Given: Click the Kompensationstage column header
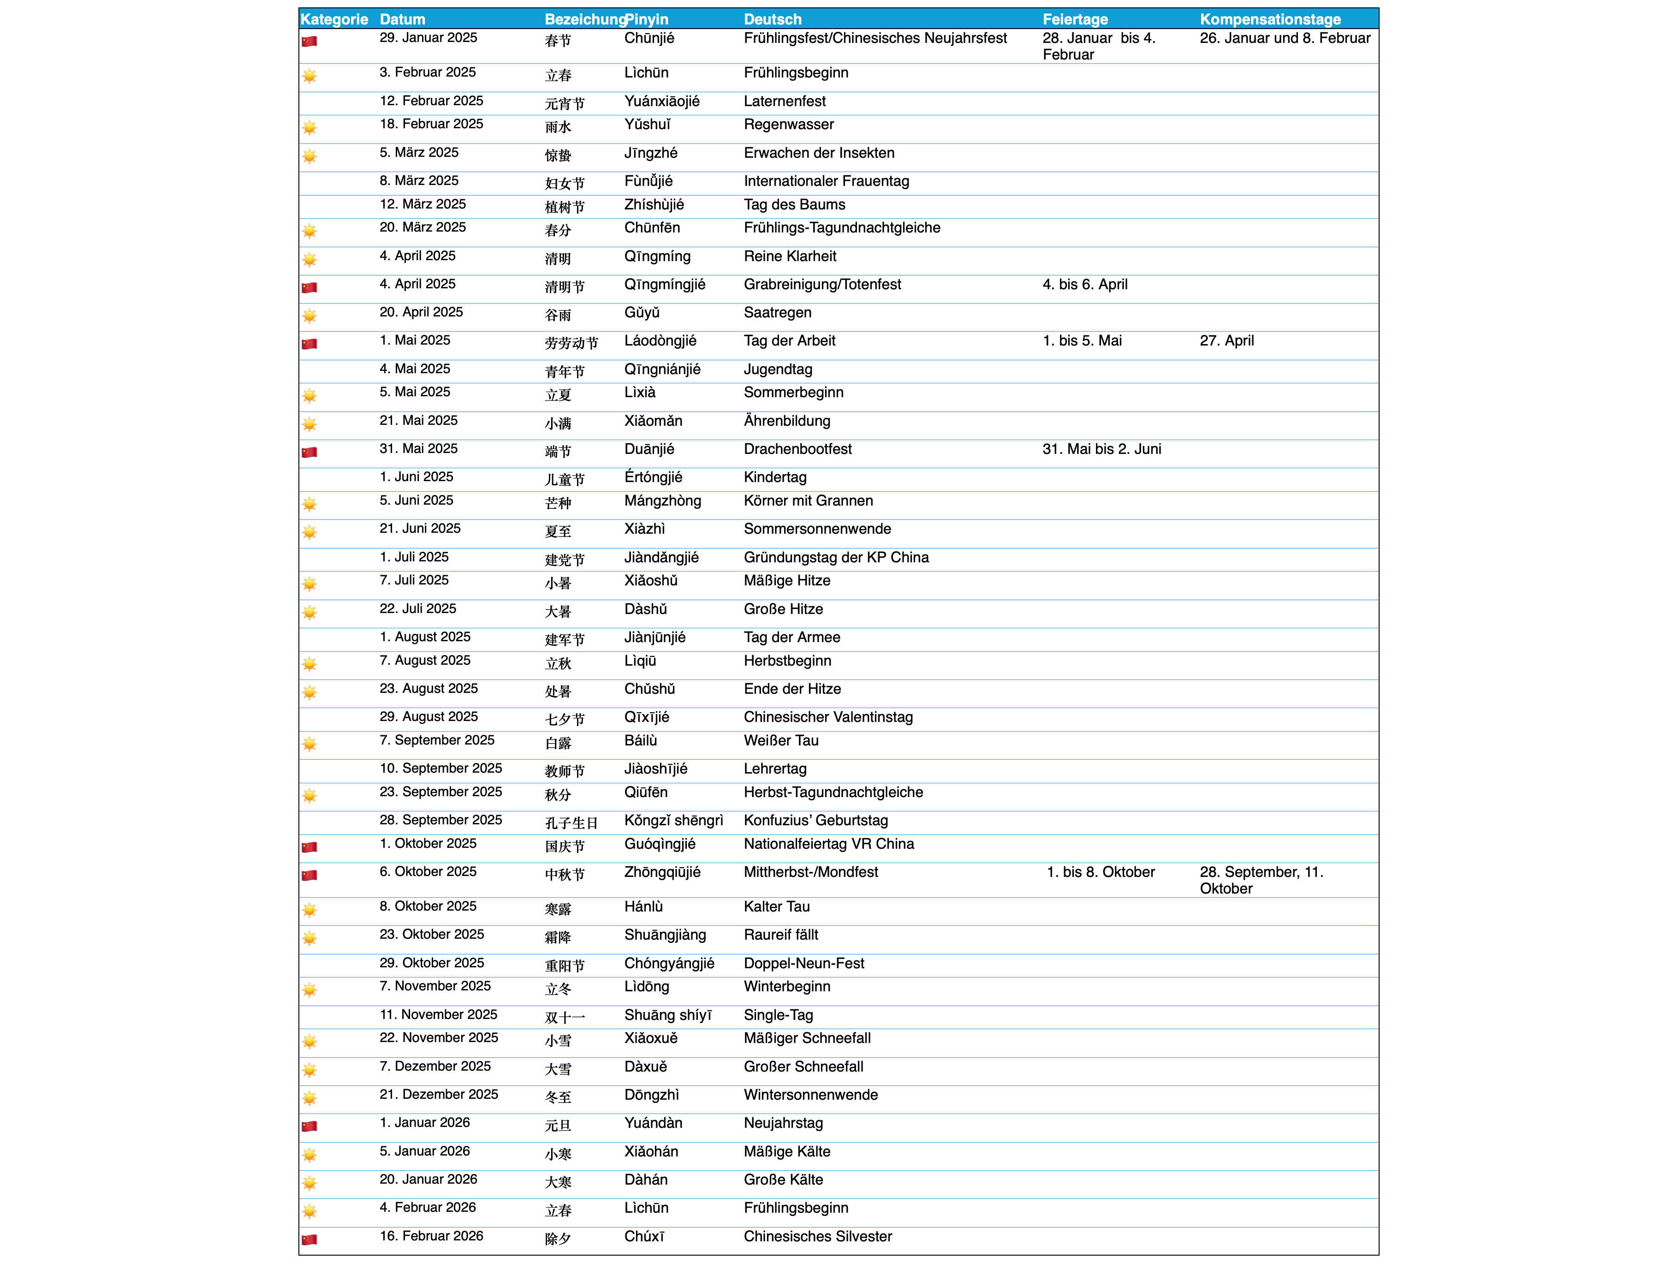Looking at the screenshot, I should point(1270,19).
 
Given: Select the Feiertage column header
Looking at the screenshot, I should point(1075,19).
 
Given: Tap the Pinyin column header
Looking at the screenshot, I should point(647,19).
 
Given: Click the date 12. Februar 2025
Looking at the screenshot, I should point(431,101).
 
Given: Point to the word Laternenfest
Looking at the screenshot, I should point(785,101).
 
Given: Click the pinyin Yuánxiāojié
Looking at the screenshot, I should point(661,101).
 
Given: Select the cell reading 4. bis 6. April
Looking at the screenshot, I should point(1085,285).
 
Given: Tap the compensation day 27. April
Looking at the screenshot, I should point(1226,340).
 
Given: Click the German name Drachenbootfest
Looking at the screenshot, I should point(797,449).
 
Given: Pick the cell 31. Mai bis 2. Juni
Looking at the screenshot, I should point(1101,449).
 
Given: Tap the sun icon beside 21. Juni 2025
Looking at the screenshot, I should point(309,532).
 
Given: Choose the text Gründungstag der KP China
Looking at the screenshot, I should point(836,558).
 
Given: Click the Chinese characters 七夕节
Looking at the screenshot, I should point(565,719).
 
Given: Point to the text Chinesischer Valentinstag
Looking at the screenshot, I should point(827,717).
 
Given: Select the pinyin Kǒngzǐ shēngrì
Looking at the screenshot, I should point(673,820).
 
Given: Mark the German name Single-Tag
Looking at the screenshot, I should point(778,1015).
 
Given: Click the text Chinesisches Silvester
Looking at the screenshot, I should point(818,1236).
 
